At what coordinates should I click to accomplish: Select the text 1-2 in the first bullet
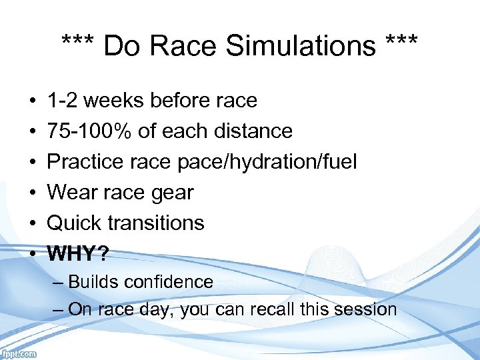(63, 101)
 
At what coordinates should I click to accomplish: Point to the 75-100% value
(90, 131)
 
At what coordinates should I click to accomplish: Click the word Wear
(71, 193)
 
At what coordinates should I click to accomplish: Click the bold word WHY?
(77, 253)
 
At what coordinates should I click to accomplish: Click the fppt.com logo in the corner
(19, 354)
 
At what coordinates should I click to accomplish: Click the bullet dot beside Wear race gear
(32, 193)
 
